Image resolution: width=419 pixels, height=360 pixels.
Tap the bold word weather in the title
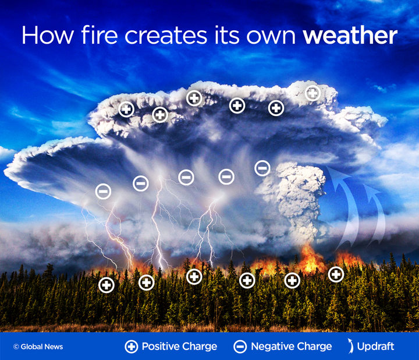coord(350,36)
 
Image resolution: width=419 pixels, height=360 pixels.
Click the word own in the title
coord(272,36)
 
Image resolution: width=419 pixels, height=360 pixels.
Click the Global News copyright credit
coord(38,347)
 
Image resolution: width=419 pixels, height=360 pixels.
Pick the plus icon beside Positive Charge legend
coord(132,347)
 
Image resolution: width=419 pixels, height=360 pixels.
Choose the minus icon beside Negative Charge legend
coord(240,347)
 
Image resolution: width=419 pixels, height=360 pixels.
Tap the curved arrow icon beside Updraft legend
coord(350,346)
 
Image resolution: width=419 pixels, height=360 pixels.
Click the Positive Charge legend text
coord(179,347)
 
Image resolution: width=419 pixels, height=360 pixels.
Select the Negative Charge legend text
coord(291,347)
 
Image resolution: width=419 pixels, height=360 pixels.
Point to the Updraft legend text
coord(376,347)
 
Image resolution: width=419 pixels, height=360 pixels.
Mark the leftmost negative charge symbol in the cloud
coord(103,191)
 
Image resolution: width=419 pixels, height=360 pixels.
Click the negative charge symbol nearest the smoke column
coord(262,168)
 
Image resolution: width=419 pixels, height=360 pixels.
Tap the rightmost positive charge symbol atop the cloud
coord(313,93)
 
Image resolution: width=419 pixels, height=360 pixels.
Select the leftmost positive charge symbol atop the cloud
coord(126,109)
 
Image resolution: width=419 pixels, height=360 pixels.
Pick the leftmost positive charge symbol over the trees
coord(106,285)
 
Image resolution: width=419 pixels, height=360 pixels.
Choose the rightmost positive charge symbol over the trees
coord(336,274)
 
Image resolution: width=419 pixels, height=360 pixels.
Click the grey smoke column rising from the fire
coord(297,198)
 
